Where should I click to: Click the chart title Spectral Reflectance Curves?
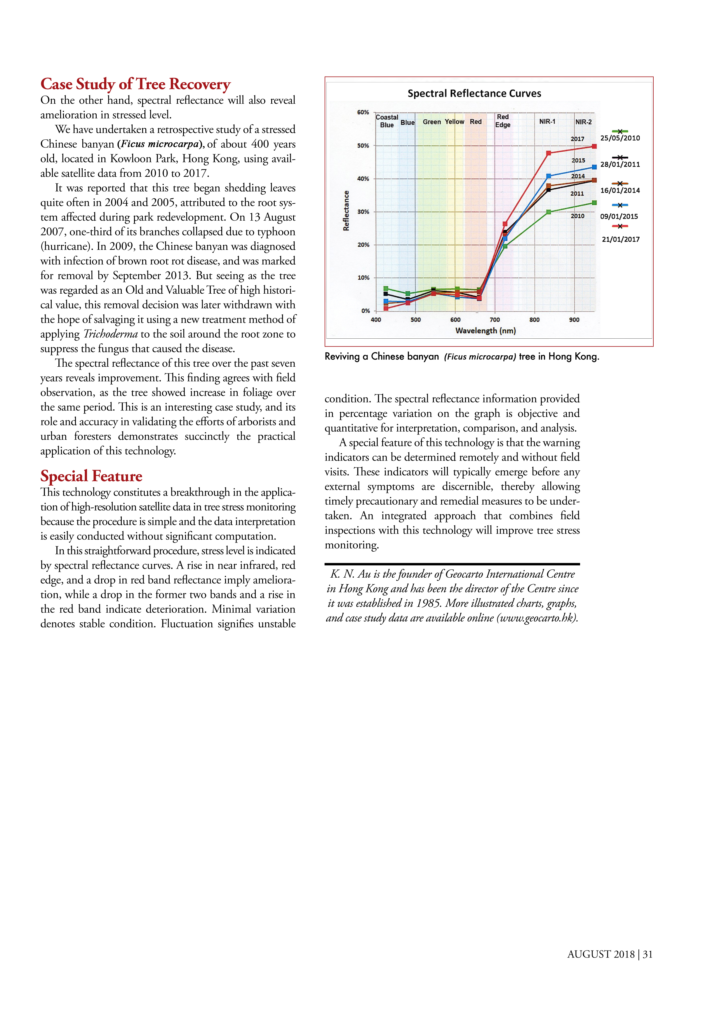click(474, 93)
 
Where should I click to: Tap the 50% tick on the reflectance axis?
click(363, 146)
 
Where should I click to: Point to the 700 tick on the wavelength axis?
click(495, 320)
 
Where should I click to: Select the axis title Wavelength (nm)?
click(485, 331)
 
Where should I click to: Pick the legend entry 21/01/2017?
click(620, 239)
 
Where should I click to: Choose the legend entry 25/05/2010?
click(620, 138)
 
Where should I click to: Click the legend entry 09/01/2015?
click(619, 217)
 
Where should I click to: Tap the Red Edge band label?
click(503, 121)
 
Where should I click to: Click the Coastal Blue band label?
click(387, 121)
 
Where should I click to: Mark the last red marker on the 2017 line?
click(594, 146)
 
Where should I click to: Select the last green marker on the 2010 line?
click(594, 203)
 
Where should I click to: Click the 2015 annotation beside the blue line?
click(578, 160)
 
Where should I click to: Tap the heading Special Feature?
click(91, 476)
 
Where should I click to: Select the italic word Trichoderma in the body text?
click(111, 334)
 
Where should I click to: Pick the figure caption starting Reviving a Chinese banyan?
click(462, 356)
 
